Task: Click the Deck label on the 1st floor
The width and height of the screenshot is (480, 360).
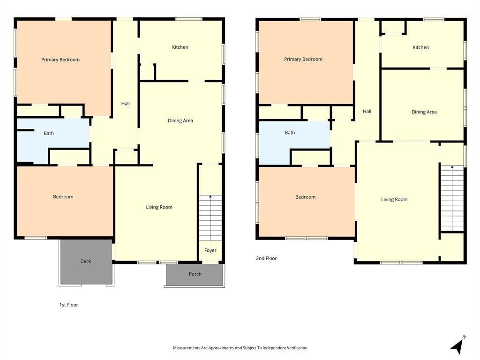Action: pos(86,261)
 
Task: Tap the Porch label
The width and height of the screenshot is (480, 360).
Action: pos(195,274)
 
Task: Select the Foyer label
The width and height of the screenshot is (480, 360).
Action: pos(210,250)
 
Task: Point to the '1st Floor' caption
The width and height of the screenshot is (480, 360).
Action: pos(68,305)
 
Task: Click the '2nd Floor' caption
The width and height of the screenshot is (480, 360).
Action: pos(266,258)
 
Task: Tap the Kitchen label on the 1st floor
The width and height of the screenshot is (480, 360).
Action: pos(180,47)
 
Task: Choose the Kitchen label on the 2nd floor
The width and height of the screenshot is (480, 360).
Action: pos(420,47)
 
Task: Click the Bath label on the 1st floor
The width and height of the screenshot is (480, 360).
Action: pos(49,133)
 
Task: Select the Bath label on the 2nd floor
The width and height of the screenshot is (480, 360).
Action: pos(290,133)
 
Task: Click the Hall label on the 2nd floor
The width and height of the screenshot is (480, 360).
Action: pos(367,111)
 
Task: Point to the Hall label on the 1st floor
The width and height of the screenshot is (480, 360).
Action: pos(126,104)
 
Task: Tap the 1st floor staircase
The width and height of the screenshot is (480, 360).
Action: pos(210,217)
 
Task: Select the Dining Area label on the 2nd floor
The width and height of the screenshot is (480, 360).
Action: pos(424,112)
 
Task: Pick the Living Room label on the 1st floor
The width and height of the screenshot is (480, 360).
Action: pos(159,207)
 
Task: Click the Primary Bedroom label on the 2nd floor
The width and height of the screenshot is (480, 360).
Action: pos(303,59)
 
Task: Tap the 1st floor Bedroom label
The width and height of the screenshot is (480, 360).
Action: pos(63,197)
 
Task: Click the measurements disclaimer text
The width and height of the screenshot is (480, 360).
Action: pos(240,348)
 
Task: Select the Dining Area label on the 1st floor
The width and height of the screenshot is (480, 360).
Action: pos(180,120)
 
